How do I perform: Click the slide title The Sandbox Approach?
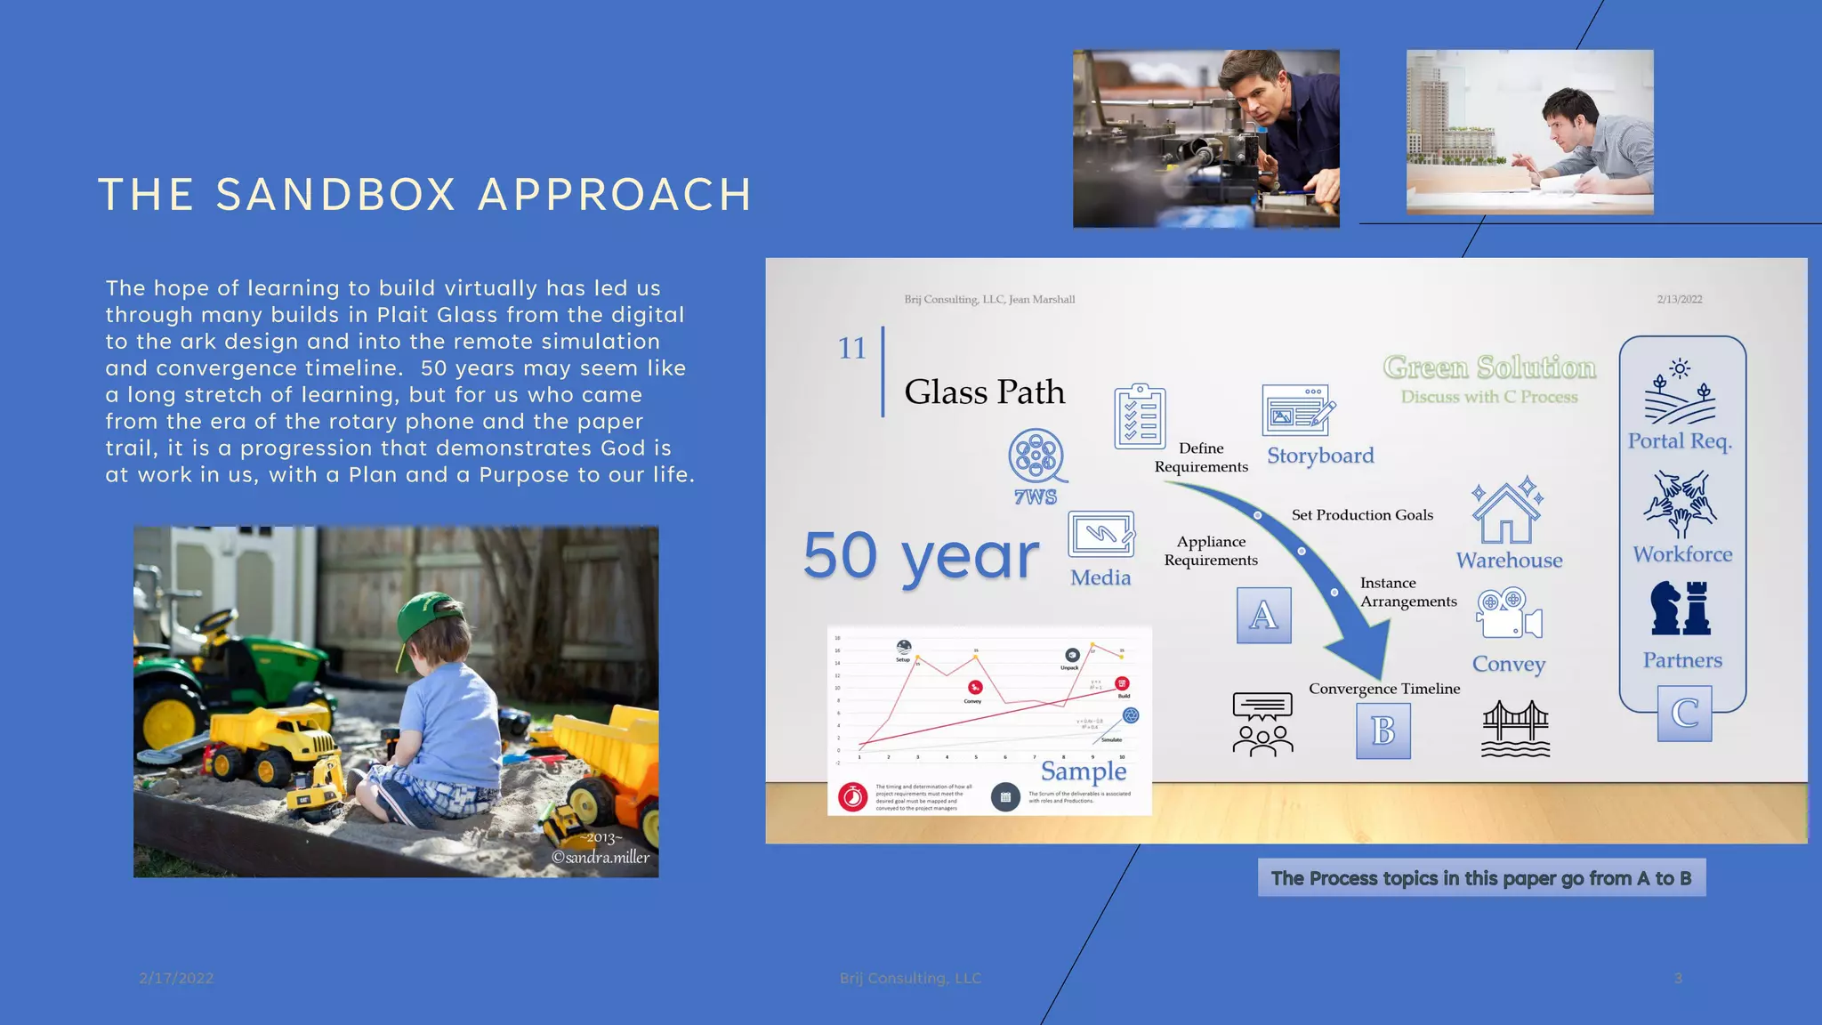click(425, 195)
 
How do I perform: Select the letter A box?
click(1263, 615)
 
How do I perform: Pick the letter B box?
click(1383, 730)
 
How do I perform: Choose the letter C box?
click(1684, 714)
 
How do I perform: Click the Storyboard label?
click(1320, 456)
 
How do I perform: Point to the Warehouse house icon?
click(1507, 512)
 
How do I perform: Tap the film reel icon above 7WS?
click(1036, 456)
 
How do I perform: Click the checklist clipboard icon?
click(1140, 416)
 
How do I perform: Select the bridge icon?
click(1515, 729)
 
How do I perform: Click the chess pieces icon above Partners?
click(1681, 609)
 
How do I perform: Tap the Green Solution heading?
click(1489, 367)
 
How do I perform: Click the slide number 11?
click(851, 348)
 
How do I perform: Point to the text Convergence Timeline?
click(1383, 689)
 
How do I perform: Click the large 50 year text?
click(921, 555)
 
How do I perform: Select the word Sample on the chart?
click(1083, 771)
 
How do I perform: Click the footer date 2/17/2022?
click(176, 978)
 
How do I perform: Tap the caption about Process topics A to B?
click(1481, 878)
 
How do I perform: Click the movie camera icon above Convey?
click(1508, 614)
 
